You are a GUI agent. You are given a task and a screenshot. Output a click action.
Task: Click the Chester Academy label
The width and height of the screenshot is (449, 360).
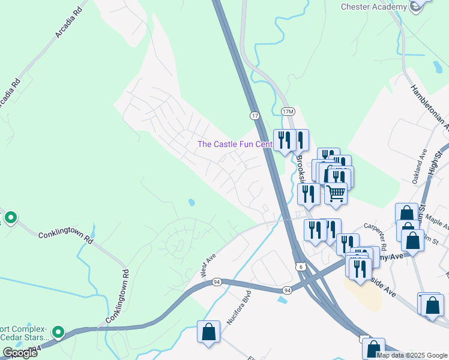(x=373, y=7)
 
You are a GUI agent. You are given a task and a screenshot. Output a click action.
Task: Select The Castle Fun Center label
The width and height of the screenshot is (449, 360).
(x=235, y=144)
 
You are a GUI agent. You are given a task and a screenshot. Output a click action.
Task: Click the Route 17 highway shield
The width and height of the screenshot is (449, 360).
(x=255, y=115)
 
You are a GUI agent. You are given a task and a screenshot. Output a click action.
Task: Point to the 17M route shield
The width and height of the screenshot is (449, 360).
(x=288, y=112)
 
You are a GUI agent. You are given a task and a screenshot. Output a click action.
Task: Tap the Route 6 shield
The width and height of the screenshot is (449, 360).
(x=299, y=265)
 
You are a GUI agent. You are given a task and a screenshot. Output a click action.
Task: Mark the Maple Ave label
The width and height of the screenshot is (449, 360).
(x=438, y=226)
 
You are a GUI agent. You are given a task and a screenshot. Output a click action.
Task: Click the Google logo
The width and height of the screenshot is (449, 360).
(x=20, y=353)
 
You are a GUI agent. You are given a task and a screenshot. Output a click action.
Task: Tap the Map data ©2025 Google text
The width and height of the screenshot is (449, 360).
(x=412, y=355)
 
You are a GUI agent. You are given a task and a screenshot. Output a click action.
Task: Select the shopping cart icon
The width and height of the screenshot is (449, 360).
(x=336, y=193)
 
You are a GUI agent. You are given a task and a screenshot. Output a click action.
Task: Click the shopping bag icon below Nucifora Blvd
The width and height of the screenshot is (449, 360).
(x=208, y=332)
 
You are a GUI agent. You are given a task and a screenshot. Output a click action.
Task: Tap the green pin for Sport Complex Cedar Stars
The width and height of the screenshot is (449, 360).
(x=58, y=332)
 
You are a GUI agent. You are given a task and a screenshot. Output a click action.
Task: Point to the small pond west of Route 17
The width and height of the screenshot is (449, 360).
(x=190, y=202)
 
